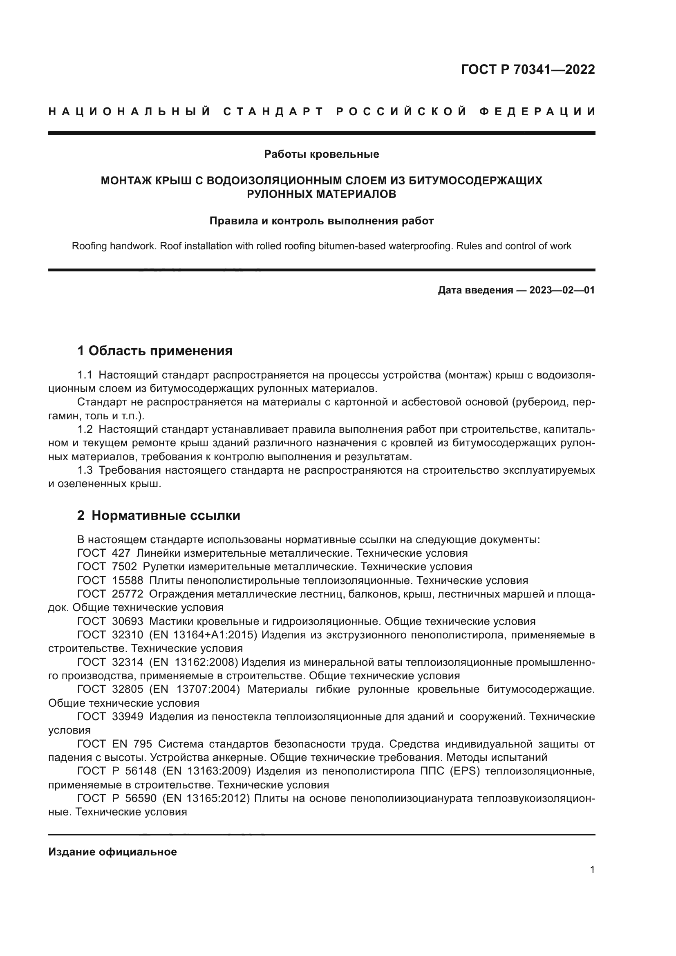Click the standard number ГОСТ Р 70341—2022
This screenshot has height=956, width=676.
528,69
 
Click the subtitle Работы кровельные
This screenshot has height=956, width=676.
321,154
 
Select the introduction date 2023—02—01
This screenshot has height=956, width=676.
562,290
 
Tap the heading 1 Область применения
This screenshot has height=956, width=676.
155,351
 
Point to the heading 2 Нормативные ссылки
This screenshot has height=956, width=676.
159,515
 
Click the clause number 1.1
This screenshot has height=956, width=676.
85,375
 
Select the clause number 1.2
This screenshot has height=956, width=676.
85,429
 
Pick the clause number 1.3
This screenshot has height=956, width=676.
85,470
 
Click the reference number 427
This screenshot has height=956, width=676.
121,553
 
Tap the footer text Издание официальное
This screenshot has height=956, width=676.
112,852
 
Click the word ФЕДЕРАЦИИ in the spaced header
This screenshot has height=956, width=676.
537,112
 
